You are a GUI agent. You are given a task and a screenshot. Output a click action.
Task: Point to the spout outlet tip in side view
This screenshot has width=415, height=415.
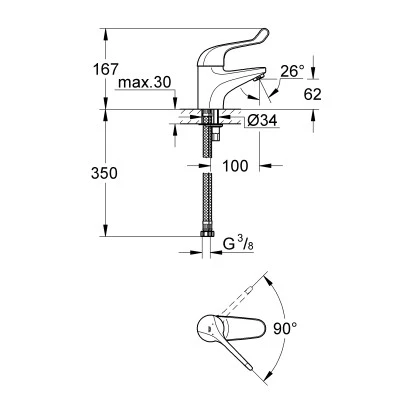[x=258, y=78]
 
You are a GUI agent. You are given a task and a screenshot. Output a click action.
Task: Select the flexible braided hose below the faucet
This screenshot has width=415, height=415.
[x=207, y=200]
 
